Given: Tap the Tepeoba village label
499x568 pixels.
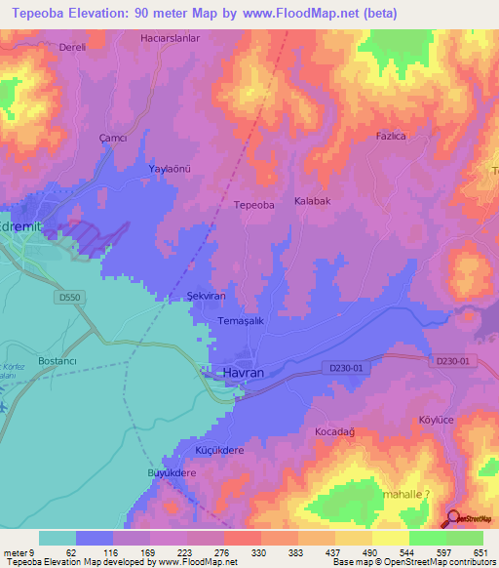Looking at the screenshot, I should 254,205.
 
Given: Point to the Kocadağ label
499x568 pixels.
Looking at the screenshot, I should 337,430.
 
